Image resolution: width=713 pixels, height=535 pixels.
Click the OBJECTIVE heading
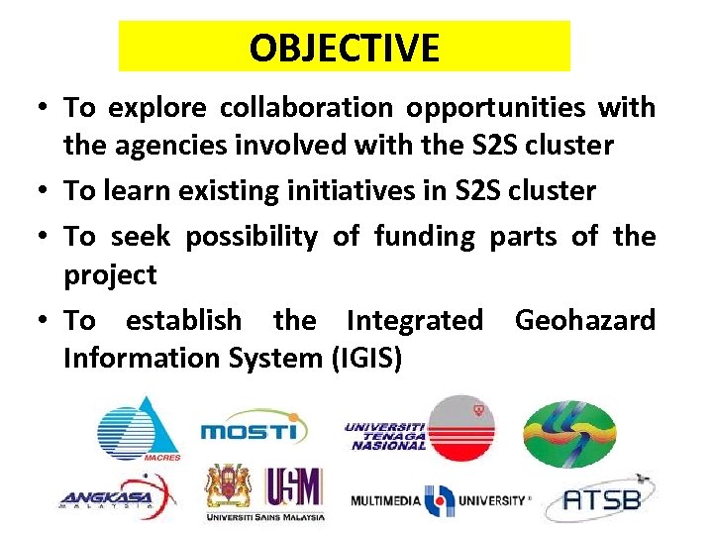tap(344, 48)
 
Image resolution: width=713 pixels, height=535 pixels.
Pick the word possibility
tap(252, 237)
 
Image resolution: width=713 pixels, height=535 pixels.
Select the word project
tap(110, 274)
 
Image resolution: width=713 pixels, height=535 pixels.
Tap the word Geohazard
tap(584, 320)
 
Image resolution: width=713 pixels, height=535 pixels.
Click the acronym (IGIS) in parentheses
tap(366, 358)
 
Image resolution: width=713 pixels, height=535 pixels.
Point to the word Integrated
tap(414, 320)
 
